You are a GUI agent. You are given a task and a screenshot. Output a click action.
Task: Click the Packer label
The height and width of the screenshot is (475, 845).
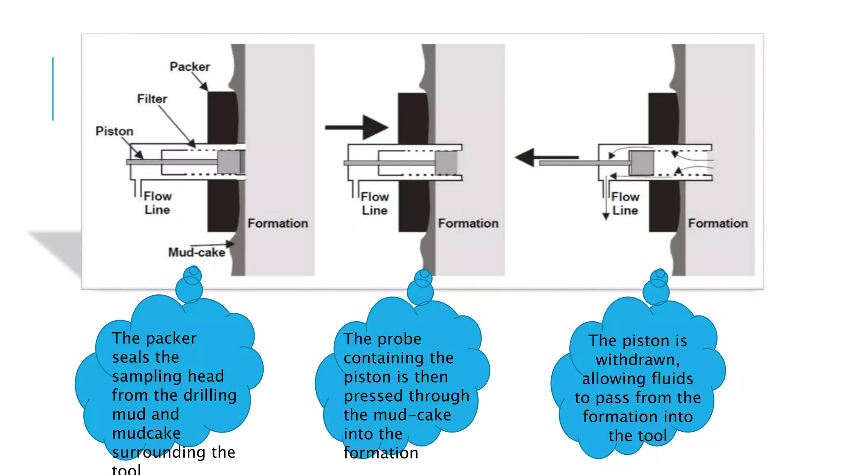[x=190, y=66]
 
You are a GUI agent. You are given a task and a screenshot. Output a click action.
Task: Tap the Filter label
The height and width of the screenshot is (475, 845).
[x=152, y=99]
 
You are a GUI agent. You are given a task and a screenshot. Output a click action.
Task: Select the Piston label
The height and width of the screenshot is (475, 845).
[x=114, y=131]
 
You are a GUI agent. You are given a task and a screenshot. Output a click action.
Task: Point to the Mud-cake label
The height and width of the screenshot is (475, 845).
[x=196, y=252]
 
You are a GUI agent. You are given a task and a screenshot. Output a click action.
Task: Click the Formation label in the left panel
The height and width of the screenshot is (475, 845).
[x=278, y=223]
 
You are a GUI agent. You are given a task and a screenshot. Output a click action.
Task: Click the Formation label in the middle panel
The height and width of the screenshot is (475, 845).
[x=468, y=223]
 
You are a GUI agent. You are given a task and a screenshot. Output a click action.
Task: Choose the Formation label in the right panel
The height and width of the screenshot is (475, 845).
[x=718, y=223]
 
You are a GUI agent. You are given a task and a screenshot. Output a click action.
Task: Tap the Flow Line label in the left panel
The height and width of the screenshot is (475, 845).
[x=157, y=203]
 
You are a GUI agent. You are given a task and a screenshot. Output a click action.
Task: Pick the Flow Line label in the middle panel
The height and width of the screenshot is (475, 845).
[x=375, y=204]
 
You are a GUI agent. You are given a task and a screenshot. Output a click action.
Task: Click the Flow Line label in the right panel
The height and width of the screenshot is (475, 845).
[x=625, y=204]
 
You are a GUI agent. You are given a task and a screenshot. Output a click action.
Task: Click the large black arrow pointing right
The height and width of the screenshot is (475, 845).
[x=357, y=127]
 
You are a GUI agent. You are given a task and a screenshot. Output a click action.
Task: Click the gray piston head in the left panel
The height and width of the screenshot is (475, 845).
[x=229, y=162]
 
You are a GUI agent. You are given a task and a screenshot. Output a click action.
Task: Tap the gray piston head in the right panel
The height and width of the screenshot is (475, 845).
[x=642, y=163]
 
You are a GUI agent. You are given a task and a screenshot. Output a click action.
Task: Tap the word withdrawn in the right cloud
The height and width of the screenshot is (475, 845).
[x=637, y=360]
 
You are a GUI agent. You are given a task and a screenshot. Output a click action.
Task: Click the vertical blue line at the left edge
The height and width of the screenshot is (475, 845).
[x=53, y=89]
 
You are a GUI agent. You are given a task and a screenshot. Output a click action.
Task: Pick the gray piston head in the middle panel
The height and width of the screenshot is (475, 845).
[x=446, y=163]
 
